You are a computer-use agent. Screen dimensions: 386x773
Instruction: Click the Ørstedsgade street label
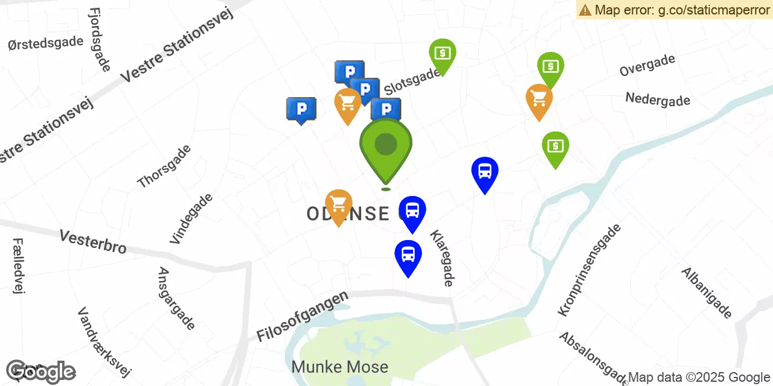pyautogui.click(x=45, y=43)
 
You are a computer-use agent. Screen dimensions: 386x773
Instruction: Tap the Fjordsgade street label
pyautogui.click(x=99, y=40)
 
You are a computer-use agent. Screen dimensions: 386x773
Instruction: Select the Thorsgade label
pyautogui.click(x=164, y=166)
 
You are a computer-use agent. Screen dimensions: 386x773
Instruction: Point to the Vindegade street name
pyautogui.click(x=191, y=218)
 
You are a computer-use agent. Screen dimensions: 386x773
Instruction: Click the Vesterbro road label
pyautogui.click(x=93, y=241)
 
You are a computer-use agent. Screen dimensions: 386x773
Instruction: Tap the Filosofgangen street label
pyautogui.click(x=303, y=317)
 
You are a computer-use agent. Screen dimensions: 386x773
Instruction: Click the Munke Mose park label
pyautogui.click(x=339, y=367)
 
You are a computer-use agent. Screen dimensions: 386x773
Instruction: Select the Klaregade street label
pyautogui.click(x=441, y=258)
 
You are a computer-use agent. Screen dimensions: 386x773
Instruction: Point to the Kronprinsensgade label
pyautogui.click(x=589, y=270)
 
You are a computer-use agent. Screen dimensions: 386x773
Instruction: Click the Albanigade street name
pyautogui.click(x=707, y=293)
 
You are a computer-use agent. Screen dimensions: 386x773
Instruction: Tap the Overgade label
pyautogui.click(x=647, y=65)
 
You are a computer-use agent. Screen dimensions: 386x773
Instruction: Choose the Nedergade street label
pyautogui.click(x=658, y=100)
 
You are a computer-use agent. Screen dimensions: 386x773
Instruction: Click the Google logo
pyautogui.click(x=40, y=372)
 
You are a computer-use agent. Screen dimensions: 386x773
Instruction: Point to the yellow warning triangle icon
pyautogui.click(x=585, y=10)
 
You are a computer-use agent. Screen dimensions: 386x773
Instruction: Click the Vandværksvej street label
pyautogui.click(x=104, y=341)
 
